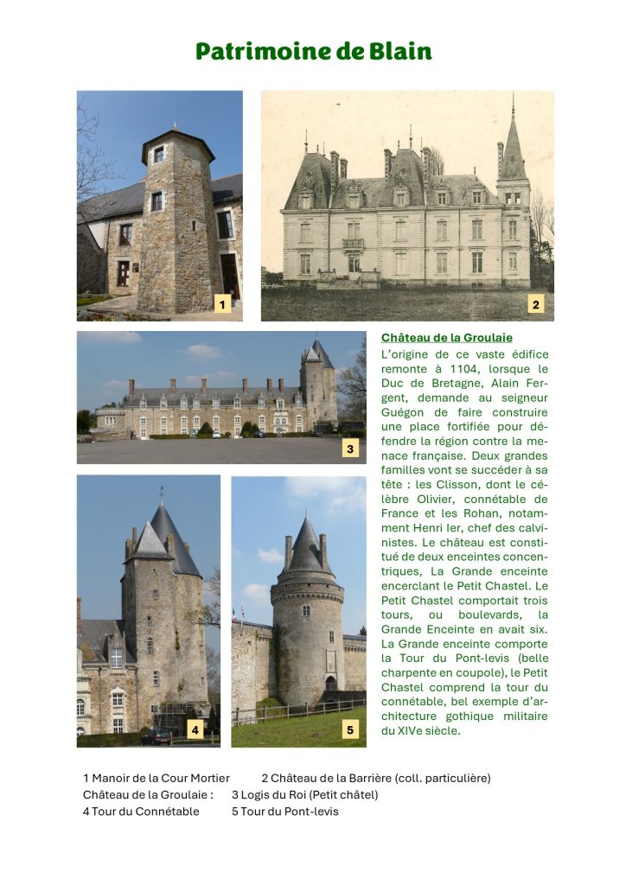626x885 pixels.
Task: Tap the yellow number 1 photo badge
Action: pos(222,304)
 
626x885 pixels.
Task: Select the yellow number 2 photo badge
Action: pos(536,304)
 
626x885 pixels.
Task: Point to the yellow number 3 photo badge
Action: pos(349,449)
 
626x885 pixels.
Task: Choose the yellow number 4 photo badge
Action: pos(195,730)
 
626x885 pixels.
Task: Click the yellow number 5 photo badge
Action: pos(349,730)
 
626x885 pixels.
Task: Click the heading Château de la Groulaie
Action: pos(446,337)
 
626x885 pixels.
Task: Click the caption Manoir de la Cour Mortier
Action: pos(160,778)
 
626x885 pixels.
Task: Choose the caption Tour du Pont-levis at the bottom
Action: pos(290,812)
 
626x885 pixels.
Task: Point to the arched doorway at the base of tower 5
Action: pos(330,684)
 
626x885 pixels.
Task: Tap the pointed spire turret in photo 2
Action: pos(512,147)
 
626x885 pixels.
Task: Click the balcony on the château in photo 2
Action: pos(353,245)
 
